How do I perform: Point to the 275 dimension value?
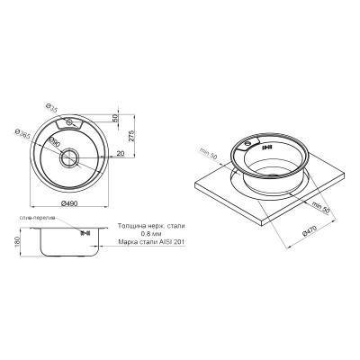click(x=133, y=136)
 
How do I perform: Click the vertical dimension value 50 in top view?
click(x=115, y=118)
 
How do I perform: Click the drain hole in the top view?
click(x=70, y=154)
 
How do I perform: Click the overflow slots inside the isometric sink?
click(x=259, y=143)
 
